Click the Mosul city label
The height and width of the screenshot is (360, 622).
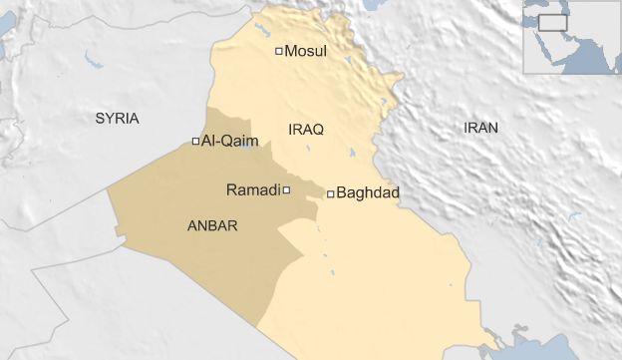point(306,51)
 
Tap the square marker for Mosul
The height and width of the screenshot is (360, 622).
point(279,50)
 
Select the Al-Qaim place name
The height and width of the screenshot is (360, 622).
point(229,142)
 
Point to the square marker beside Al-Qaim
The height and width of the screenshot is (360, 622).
point(195,141)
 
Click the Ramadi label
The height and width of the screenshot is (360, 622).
point(253,189)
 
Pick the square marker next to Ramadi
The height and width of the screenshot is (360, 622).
point(286,189)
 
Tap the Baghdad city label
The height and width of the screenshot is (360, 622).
point(369,192)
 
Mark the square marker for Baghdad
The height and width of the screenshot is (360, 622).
point(330,193)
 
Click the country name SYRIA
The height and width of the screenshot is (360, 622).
point(118,119)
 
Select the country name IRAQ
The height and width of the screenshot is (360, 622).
point(305,130)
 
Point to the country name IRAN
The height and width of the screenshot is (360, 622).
point(480,128)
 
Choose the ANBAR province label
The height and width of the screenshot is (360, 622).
point(212,226)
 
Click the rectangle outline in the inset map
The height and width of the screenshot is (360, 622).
point(552,21)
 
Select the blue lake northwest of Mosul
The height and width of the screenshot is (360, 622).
point(261,28)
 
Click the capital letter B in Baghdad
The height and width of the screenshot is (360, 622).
point(342,192)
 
